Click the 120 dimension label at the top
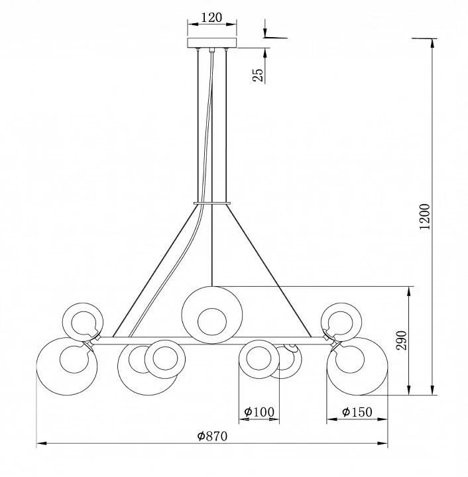(x=211, y=17)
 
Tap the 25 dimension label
(x=257, y=75)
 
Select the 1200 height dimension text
(x=425, y=217)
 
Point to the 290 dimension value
(x=401, y=341)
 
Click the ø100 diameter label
(x=259, y=412)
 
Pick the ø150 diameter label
(x=357, y=412)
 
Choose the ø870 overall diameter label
(x=212, y=436)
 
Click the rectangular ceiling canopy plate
(x=211, y=43)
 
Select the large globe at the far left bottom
(x=36, y=366)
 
